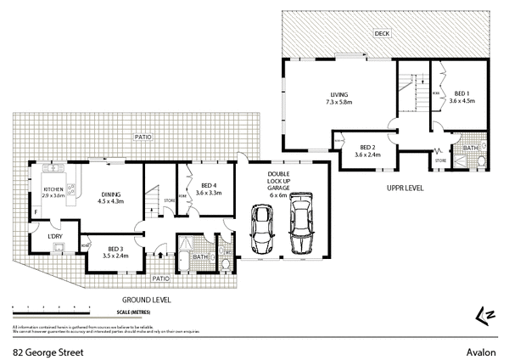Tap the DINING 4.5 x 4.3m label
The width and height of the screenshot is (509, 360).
(111, 198)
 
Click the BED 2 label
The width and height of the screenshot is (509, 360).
(366, 150)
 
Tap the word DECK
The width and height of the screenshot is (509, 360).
(383, 33)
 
